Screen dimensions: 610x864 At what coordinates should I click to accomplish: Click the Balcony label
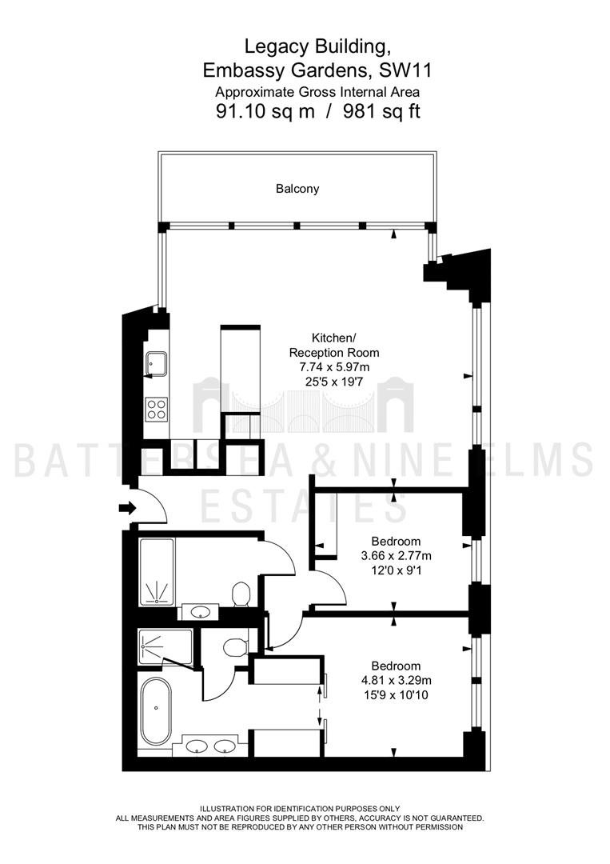297,189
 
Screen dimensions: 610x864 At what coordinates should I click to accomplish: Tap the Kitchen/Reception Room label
334,345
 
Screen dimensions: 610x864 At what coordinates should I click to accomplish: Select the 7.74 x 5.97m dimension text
334,366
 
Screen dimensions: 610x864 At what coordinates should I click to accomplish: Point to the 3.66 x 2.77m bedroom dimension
397,556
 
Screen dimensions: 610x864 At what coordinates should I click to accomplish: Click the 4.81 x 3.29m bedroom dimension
397,680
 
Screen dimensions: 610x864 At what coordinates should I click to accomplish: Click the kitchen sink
157,362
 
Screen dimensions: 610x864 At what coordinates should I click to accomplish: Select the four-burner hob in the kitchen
157,408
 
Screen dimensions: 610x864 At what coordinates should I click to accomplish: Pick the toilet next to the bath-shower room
240,594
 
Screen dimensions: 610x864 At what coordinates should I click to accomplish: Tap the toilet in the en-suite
236,646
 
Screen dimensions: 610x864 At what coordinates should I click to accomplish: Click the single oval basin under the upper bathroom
199,612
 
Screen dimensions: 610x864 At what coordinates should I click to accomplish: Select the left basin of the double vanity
196,746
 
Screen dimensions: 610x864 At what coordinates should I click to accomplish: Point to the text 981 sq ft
381,112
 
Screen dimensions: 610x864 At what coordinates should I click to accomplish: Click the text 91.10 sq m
265,112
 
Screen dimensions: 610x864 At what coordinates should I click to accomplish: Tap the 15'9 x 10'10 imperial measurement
397,695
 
